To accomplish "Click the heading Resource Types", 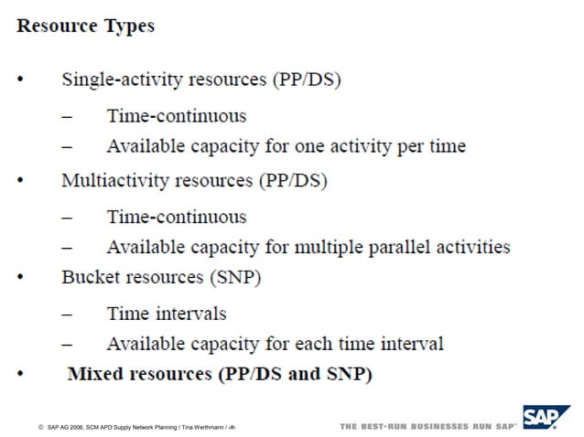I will tap(85, 26).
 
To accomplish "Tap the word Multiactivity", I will tap(114, 180).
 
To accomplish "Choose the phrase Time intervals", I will tap(166, 314).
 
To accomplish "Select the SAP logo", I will tap(546, 418).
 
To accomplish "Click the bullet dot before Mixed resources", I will tap(21, 376).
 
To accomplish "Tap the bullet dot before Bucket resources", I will tap(21, 278).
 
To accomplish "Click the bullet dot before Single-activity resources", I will tap(21, 80).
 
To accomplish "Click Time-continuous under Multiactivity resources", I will tap(177, 218).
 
